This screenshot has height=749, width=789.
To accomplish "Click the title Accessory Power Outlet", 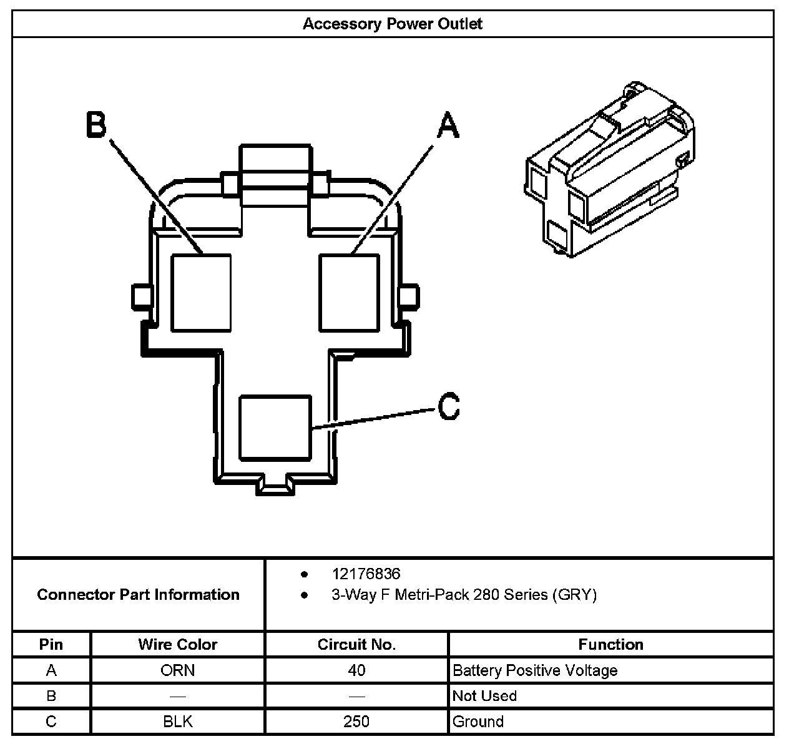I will [x=392, y=24].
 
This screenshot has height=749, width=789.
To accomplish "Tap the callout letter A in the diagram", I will [x=448, y=125].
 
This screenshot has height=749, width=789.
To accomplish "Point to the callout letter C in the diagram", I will [x=448, y=406].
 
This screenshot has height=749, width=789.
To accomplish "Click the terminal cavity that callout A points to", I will [x=349, y=293].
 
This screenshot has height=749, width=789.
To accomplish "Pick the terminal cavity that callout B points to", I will [x=201, y=293].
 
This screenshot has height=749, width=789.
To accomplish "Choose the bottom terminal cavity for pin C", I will [x=275, y=428].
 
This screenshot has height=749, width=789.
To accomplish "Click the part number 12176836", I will [x=366, y=574].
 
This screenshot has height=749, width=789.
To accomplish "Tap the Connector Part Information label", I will [x=138, y=594].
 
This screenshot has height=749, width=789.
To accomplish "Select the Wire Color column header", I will [x=178, y=644].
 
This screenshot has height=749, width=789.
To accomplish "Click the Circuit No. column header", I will [x=356, y=644].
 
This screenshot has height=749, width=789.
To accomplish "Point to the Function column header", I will [x=610, y=644].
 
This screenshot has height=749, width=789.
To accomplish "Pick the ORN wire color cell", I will [x=178, y=670].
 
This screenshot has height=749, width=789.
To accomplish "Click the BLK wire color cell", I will [x=178, y=722].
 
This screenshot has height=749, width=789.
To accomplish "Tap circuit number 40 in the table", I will [x=356, y=670].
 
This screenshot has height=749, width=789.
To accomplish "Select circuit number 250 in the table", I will [x=356, y=722].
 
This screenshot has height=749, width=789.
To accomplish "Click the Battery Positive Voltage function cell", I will [x=535, y=670].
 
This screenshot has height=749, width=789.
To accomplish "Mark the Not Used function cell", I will [x=484, y=696].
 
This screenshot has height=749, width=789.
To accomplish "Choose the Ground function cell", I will [x=478, y=722].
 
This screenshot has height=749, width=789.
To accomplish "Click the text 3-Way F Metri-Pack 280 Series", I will [x=463, y=595].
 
